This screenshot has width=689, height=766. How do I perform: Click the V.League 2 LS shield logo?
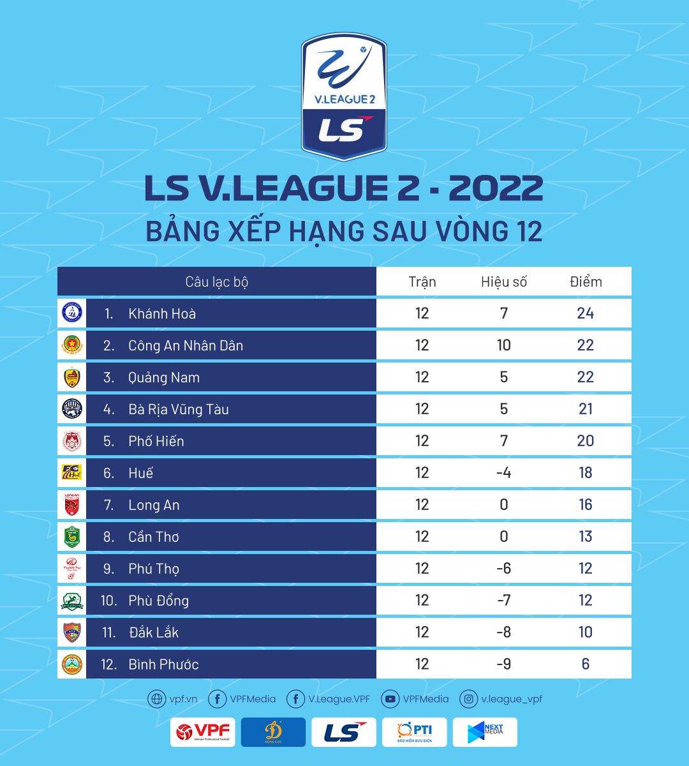click(x=344, y=96)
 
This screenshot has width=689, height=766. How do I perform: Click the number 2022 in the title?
click(x=496, y=188)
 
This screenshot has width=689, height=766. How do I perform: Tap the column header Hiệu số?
click(x=504, y=282)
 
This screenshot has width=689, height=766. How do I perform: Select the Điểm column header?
click(x=586, y=282)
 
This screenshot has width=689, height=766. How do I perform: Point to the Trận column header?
click(x=422, y=282)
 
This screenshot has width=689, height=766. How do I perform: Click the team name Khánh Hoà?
click(x=162, y=313)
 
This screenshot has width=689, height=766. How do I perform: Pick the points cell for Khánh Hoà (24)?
click(x=586, y=313)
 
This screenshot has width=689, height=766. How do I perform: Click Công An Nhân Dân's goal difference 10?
click(x=504, y=345)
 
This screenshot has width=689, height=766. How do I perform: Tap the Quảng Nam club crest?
click(x=72, y=377)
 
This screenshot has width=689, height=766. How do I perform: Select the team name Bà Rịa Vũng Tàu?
click(x=179, y=409)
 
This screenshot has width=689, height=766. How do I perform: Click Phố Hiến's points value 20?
click(x=586, y=441)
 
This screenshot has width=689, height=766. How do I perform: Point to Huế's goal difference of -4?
click(x=504, y=473)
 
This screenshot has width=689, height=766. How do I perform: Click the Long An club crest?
click(x=72, y=505)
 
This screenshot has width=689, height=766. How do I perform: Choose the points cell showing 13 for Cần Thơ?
click(x=586, y=537)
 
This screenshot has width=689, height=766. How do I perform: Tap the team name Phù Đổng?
click(x=158, y=601)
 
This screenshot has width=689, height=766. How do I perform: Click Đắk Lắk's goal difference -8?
click(x=504, y=633)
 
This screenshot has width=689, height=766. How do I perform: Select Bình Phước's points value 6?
click(x=586, y=665)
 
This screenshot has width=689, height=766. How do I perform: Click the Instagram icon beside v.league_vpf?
click(x=469, y=699)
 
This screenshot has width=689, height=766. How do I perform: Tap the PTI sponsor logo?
click(x=415, y=732)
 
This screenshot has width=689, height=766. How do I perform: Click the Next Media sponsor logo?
click(x=485, y=732)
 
